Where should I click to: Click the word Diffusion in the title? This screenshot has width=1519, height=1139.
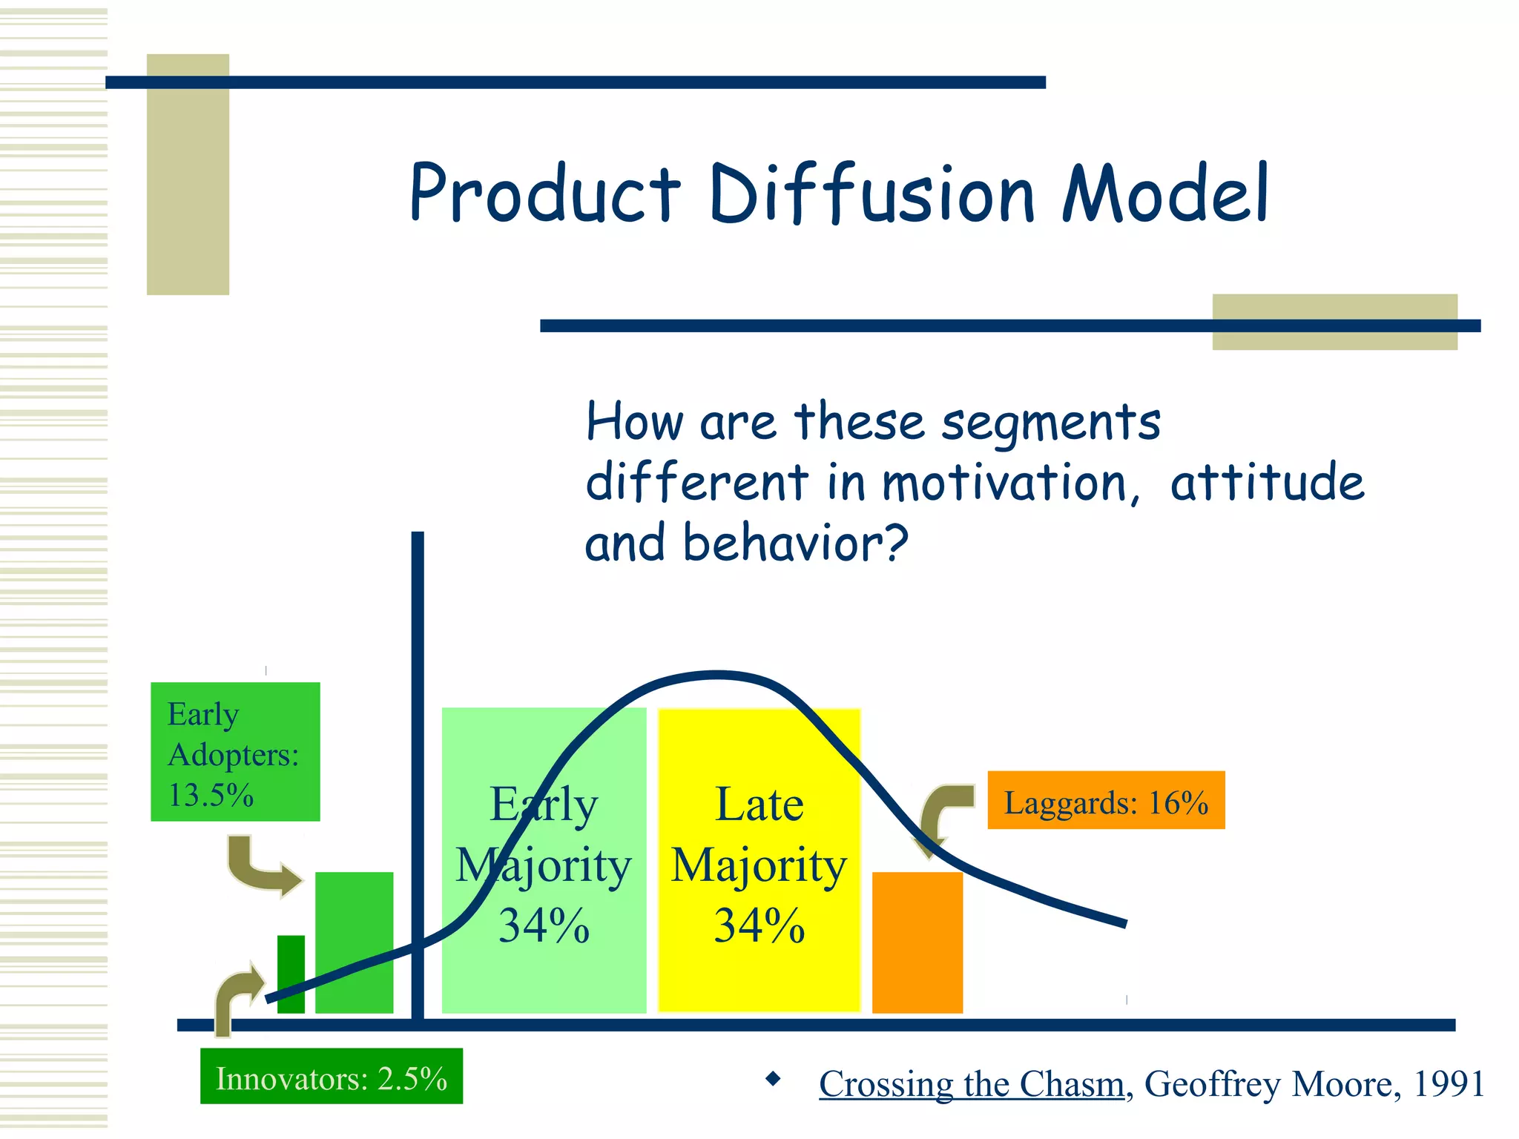871,194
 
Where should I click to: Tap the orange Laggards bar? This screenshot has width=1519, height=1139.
917,943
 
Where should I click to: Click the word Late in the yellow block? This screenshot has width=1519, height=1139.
759,805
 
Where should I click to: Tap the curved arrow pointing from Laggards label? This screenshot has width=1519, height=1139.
942,816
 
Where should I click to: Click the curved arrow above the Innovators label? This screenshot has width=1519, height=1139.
236,997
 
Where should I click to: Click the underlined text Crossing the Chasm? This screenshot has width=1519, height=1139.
972,1084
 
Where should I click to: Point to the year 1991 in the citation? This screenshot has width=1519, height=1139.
1449,1084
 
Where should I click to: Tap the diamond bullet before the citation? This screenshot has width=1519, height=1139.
773,1079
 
